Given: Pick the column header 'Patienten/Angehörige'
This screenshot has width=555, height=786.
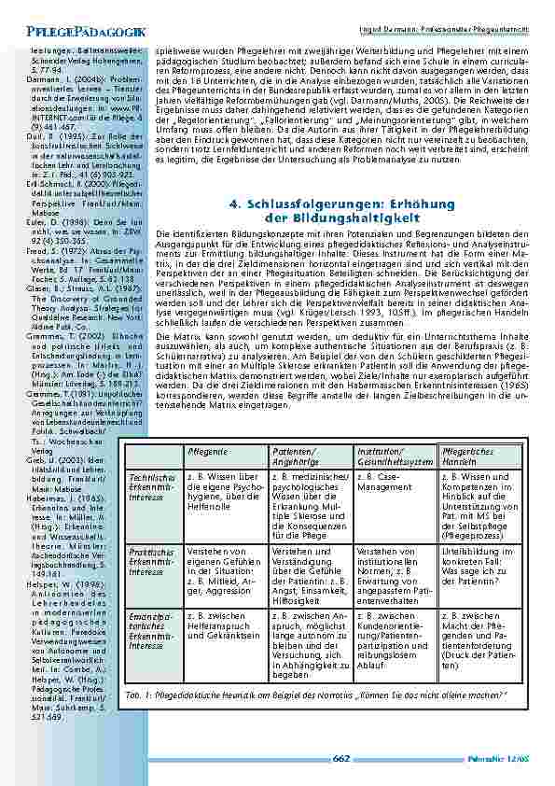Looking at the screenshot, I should [295, 456].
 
